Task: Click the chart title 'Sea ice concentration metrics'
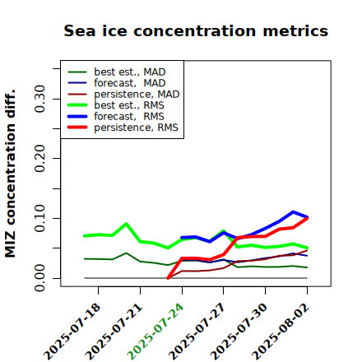(x=196, y=30)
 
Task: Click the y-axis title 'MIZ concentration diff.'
(x=10, y=174)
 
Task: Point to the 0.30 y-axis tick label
(x=39, y=99)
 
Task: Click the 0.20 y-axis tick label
(x=39, y=159)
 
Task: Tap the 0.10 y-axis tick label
(x=39, y=218)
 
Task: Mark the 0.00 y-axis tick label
(x=39, y=278)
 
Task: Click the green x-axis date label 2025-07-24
(x=155, y=332)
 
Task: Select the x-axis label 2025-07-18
(x=72, y=332)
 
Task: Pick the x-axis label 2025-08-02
(x=281, y=332)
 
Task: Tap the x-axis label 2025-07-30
(x=239, y=332)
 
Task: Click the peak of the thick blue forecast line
(x=293, y=212)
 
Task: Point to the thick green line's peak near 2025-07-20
(x=126, y=224)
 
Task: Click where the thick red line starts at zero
(x=168, y=278)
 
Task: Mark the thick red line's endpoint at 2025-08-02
(x=307, y=218)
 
